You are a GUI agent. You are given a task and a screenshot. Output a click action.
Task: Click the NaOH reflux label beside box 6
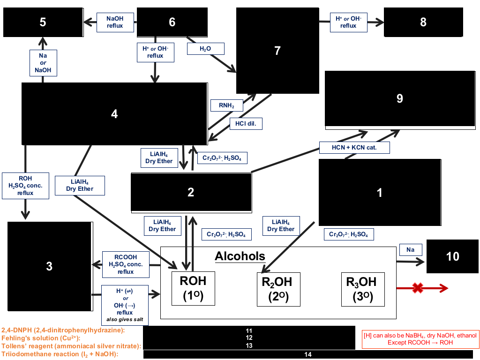[x=115, y=22]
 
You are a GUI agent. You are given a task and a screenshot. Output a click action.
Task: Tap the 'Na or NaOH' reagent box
[x=43, y=63]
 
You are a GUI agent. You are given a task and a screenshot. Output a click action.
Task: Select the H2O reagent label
[x=205, y=49]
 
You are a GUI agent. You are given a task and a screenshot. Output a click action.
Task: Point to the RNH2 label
[x=226, y=105]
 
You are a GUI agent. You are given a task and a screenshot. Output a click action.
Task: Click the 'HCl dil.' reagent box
[x=246, y=124]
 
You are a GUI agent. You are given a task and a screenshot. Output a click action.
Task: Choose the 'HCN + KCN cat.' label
[x=354, y=148]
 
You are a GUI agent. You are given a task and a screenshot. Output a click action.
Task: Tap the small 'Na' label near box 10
[x=411, y=250]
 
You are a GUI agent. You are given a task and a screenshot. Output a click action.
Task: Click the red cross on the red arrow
[x=418, y=288]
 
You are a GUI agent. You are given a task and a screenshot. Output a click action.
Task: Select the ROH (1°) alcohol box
[x=193, y=288]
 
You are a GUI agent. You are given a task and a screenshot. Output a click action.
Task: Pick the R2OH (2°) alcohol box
[x=278, y=289]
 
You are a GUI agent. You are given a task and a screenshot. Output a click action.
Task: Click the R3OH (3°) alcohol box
[x=363, y=289]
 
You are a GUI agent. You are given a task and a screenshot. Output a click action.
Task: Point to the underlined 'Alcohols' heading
[x=240, y=256]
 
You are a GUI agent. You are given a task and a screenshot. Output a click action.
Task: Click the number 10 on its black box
[x=452, y=256]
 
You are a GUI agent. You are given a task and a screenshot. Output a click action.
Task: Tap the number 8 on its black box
[x=423, y=22]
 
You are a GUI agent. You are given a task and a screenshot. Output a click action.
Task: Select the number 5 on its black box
[x=43, y=22]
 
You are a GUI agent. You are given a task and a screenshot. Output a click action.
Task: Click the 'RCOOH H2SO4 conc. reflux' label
[x=126, y=264]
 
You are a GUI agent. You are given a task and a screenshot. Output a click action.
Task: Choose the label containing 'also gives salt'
[x=125, y=305]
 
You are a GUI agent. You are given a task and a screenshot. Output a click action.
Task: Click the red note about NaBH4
[x=420, y=339]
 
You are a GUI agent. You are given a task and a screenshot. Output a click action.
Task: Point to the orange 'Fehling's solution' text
[x=41, y=338]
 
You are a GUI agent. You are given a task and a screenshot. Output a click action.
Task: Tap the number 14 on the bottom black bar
[x=308, y=354]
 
